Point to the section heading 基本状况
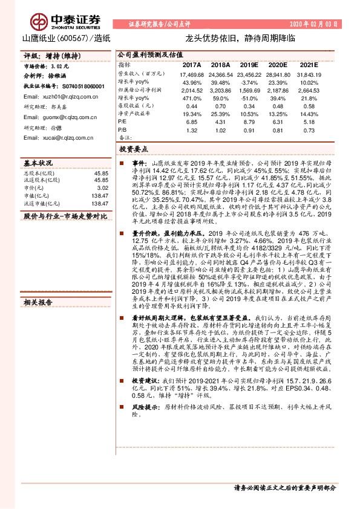[38, 163]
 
